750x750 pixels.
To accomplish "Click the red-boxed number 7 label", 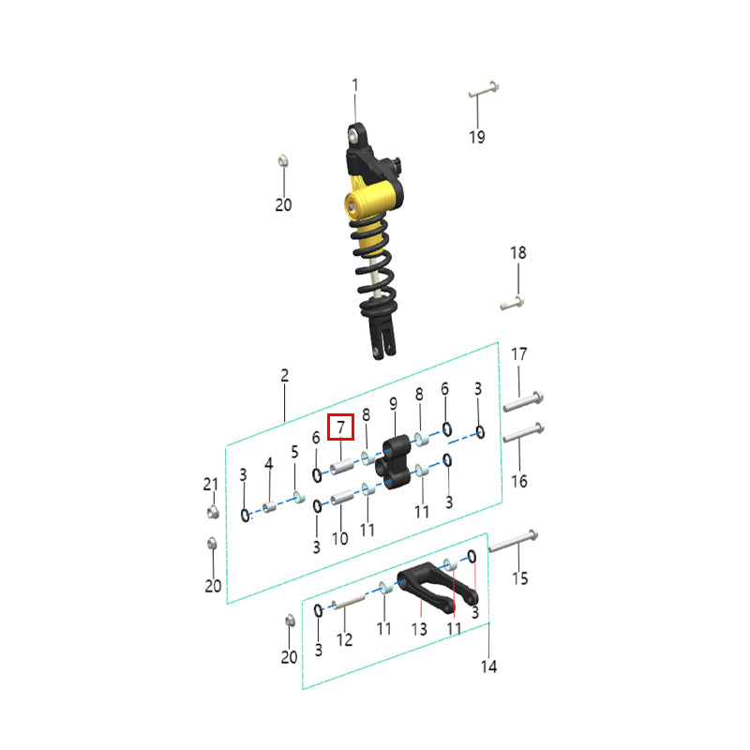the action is (x=340, y=427).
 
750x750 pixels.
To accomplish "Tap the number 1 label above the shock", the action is (x=355, y=85).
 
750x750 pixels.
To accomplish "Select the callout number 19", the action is (x=477, y=137).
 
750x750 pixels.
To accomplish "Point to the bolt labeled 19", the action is (x=484, y=89).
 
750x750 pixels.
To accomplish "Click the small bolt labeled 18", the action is (x=512, y=303).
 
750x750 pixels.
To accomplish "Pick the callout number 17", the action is (x=519, y=354).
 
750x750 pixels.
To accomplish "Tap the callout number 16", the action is (x=519, y=481).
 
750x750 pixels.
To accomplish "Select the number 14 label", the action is (x=488, y=667).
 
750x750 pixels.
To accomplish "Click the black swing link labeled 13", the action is (x=436, y=587).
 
